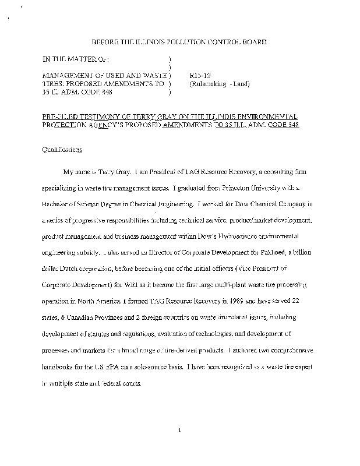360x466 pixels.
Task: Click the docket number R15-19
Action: coord(200,75)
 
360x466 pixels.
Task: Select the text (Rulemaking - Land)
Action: coord(220,83)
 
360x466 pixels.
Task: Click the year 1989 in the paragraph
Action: coord(239,302)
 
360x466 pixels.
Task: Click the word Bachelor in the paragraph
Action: coord(55,204)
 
